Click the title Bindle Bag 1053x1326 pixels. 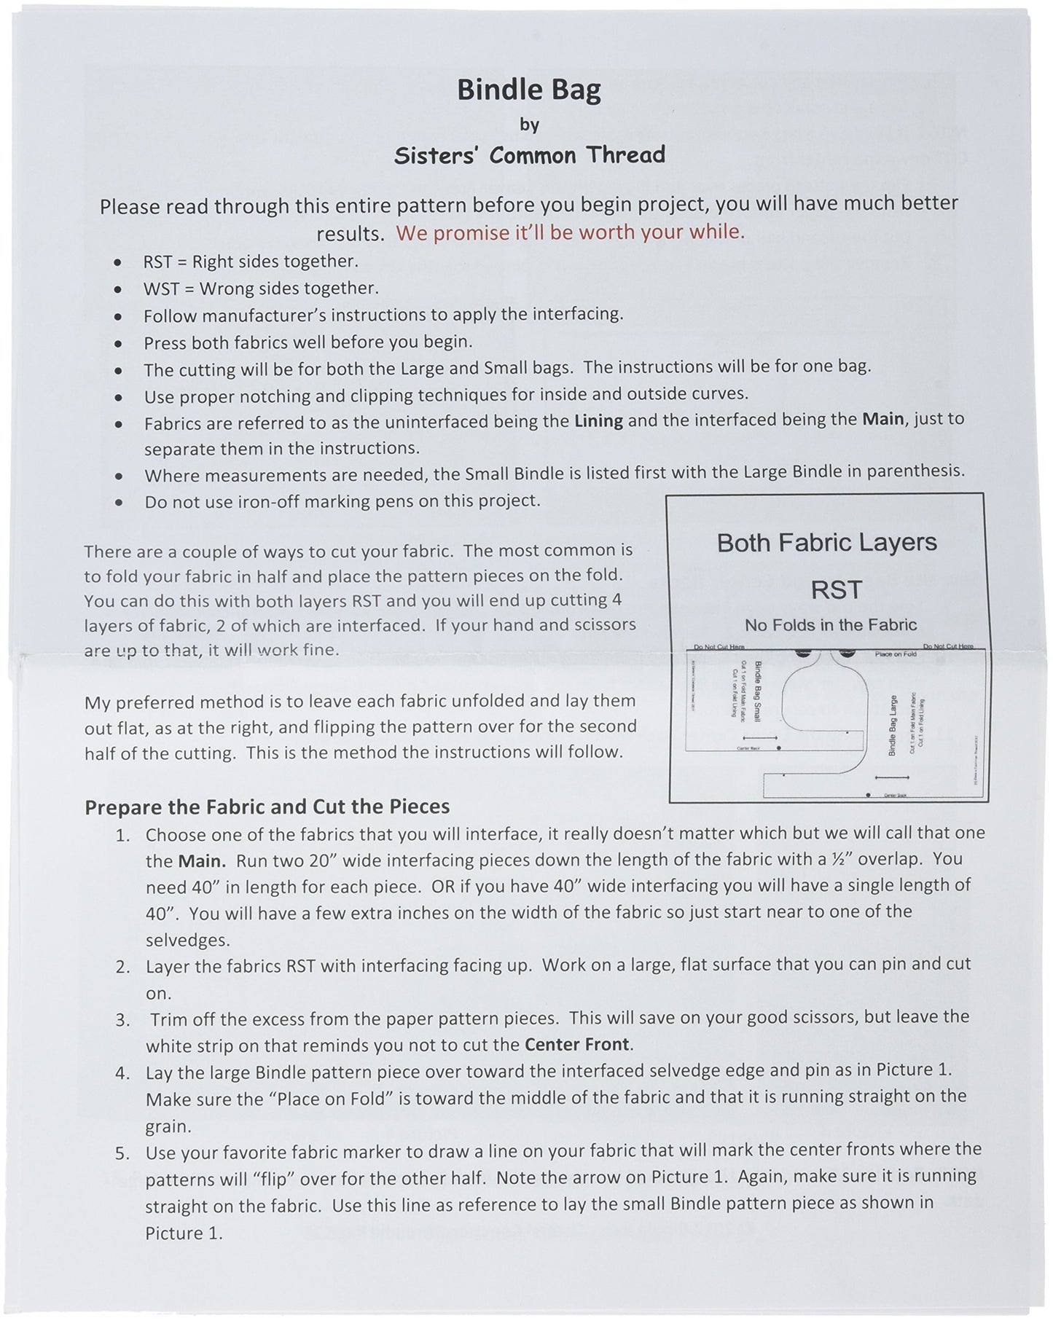point(529,90)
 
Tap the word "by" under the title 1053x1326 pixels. point(529,125)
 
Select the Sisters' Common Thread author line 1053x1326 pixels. point(529,154)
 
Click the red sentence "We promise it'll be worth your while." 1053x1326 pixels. point(570,232)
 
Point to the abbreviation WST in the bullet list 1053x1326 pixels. point(160,289)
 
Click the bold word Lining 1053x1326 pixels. point(598,421)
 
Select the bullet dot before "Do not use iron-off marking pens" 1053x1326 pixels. point(119,503)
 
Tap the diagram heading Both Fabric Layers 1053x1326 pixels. point(826,543)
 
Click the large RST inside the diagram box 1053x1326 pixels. point(837,589)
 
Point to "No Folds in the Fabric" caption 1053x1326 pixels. point(830,624)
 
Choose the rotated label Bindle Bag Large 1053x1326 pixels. point(893,726)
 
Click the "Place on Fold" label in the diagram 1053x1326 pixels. point(896,654)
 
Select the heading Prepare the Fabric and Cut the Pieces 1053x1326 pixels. point(267,807)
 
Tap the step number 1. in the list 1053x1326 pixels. point(123,835)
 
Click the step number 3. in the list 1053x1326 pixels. point(123,1019)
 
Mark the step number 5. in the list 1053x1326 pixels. point(123,1153)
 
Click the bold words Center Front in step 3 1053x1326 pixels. point(576,1044)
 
